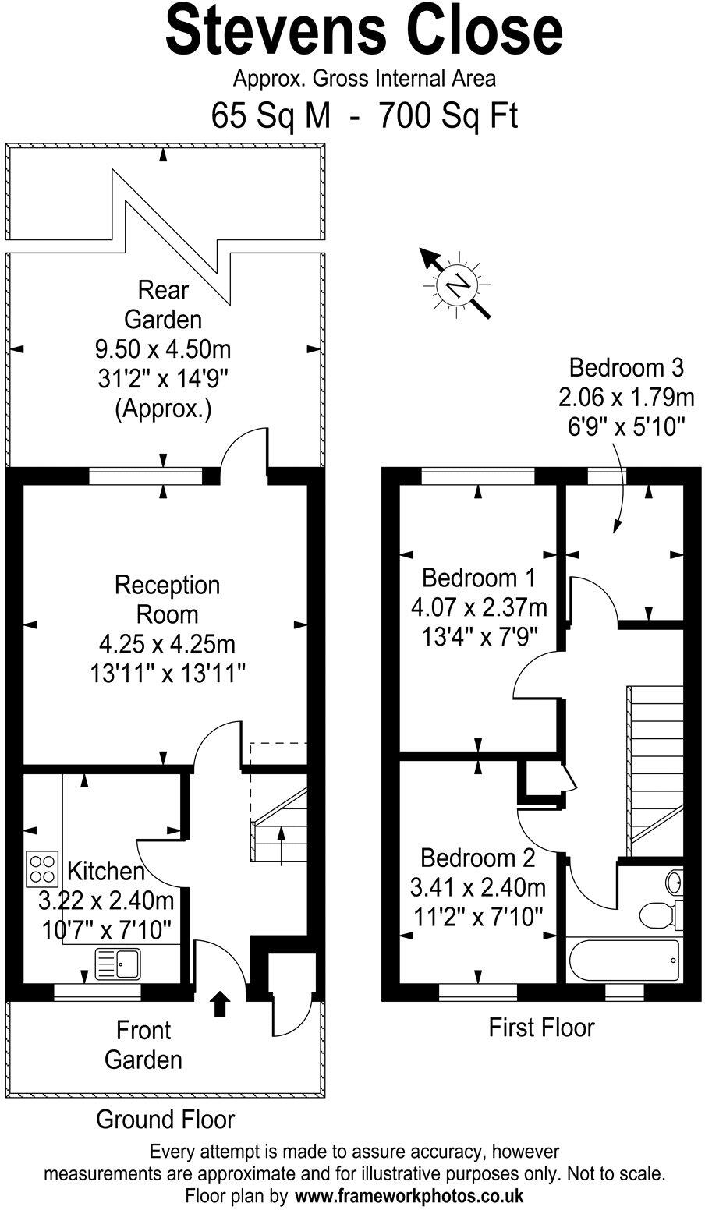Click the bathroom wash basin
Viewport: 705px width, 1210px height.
(x=675, y=883)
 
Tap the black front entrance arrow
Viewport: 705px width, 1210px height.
(x=221, y=1004)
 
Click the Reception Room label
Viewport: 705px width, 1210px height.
(x=167, y=599)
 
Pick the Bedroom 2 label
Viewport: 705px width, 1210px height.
(x=478, y=858)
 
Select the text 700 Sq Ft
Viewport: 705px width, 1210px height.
(x=448, y=117)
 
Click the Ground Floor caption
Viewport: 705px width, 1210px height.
(x=165, y=1120)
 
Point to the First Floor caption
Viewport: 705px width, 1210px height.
(x=541, y=1027)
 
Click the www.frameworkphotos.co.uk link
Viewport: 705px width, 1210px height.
(x=409, y=1195)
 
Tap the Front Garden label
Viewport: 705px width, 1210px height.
(x=143, y=1045)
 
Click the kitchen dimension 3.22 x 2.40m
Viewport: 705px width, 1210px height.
(x=106, y=900)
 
